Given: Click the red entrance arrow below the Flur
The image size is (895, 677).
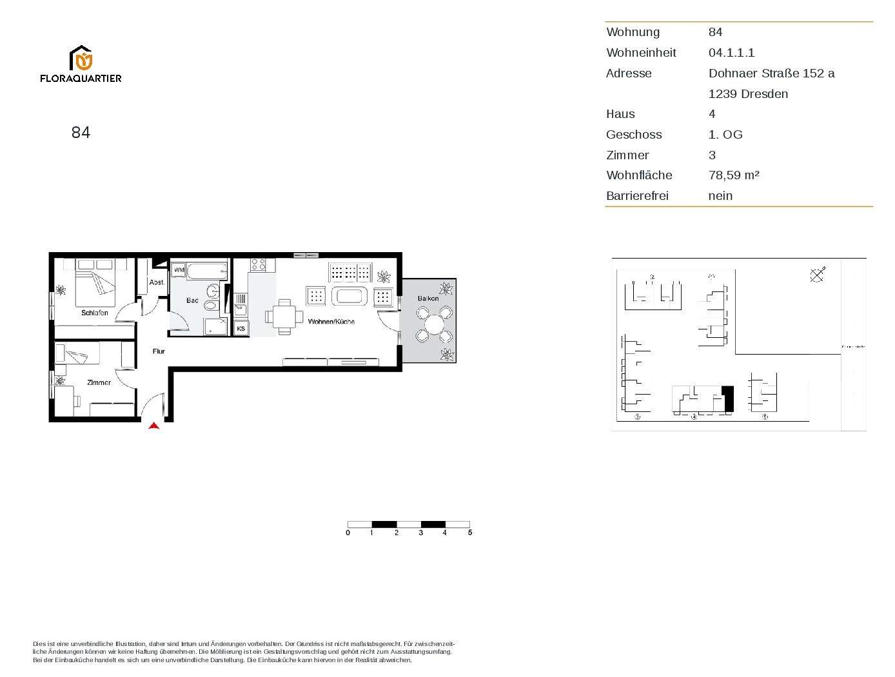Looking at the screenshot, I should [x=153, y=426].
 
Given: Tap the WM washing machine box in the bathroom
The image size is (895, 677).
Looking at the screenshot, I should [x=179, y=270].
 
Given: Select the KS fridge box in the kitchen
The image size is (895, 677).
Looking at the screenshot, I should [x=241, y=329].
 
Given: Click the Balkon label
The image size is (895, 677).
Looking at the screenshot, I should [x=428, y=298].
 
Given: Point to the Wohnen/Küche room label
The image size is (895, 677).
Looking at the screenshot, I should [x=331, y=321].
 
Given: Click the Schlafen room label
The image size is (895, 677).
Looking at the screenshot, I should [x=95, y=313].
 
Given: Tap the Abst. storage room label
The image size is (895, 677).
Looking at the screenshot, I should [x=157, y=282].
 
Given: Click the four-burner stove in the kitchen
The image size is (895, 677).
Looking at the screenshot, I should [x=258, y=264].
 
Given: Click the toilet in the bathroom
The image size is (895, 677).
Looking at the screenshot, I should [x=211, y=305].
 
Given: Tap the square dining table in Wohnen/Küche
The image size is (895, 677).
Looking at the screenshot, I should [x=284, y=317].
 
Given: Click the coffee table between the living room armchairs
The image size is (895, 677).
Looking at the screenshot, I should [x=349, y=297].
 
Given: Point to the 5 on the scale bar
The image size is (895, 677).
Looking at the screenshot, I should [x=470, y=533].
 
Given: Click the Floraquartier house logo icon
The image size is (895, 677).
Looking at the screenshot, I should [x=81, y=58].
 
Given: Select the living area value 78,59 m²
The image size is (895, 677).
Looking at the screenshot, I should [x=734, y=175].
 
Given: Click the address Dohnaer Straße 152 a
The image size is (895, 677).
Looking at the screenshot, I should [x=771, y=74].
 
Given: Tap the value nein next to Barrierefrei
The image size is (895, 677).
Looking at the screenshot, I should [x=720, y=196].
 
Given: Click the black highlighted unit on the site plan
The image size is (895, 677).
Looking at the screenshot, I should [x=728, y=399].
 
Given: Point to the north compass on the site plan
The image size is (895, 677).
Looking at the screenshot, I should [x=817, y=275].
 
